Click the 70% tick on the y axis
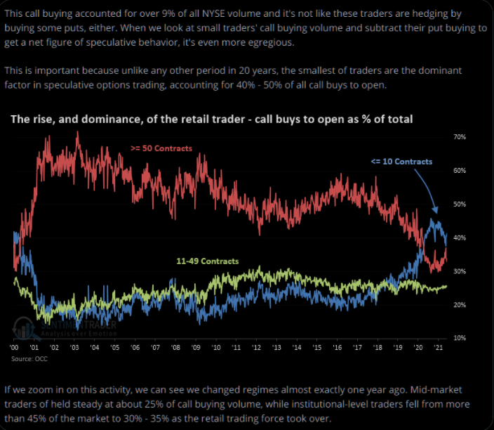click(460, 136)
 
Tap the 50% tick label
click(460, 204)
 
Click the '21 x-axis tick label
click(439, 348)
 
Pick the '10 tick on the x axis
click(218, 348)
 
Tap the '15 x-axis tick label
click(319, 348)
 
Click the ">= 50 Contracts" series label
click(161, 148)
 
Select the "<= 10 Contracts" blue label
click(401, 162)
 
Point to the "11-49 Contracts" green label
click(207, 261)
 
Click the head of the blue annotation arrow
click(436, 211)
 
